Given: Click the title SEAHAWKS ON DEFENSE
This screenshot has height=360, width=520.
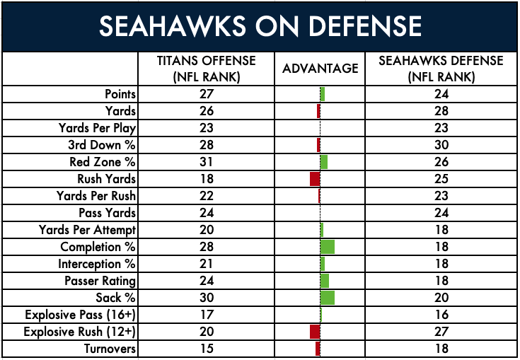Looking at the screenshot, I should click(x=260, y=26).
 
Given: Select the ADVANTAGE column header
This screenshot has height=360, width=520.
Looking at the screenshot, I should click(x=320, y=69).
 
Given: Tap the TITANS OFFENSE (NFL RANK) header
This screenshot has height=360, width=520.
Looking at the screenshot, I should click(x=206, y=69).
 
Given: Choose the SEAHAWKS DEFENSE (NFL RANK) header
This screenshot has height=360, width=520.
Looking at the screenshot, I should click(x=442, y=69).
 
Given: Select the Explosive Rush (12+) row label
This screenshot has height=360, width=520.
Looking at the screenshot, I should click(x=80, y=332).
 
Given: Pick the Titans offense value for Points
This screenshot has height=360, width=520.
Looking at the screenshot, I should click(x=206, y=94).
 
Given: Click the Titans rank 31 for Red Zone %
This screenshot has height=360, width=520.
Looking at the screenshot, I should click(x=206, y=162).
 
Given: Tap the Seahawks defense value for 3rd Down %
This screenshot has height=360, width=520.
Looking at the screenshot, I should click(x=442, y=145).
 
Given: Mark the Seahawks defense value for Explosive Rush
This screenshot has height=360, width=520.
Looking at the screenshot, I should click(x=442, y=332).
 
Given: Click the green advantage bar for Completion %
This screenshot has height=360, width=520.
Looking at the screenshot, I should click(x=328, y=247).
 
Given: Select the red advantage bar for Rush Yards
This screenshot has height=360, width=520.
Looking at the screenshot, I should click(x=316, y=179).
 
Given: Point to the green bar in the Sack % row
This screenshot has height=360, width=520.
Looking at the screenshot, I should click(x=328, y=298).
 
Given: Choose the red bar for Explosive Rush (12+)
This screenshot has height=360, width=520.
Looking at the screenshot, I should click(x=316, y=332).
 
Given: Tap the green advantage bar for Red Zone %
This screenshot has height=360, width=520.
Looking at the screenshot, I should click(x=324, y=162).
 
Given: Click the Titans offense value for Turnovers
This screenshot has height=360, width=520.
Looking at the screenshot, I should click(x=206, y=349).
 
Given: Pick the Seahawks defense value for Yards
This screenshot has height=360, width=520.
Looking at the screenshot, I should click(x=442, y=111).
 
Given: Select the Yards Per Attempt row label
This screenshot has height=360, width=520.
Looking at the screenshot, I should click(x=88, y=230).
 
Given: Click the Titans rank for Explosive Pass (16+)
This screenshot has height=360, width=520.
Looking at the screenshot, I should click(x=206, y=315).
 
